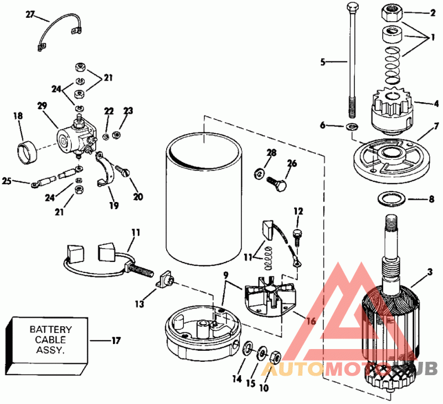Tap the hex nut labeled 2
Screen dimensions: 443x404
[x=393, y=11]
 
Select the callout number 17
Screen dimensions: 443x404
[x=116, y=340]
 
